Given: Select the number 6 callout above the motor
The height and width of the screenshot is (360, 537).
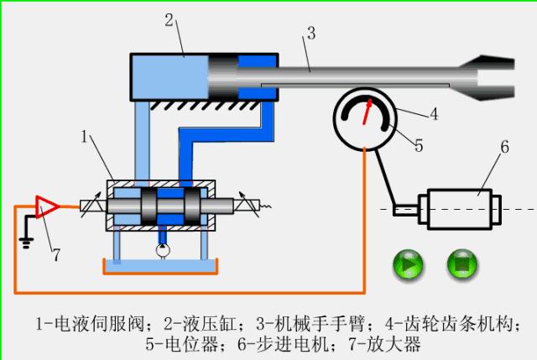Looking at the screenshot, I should click(504, 149).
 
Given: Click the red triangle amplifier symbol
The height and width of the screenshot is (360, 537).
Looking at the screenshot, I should click(46, 205).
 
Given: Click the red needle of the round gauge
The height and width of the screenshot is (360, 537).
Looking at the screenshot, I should click(368, 112).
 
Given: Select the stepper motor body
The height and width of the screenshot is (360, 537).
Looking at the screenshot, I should click(461, 207).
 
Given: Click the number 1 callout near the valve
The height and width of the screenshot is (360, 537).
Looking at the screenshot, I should click(84, 135).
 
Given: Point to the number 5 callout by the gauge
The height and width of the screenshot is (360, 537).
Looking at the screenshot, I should click(418, 143).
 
